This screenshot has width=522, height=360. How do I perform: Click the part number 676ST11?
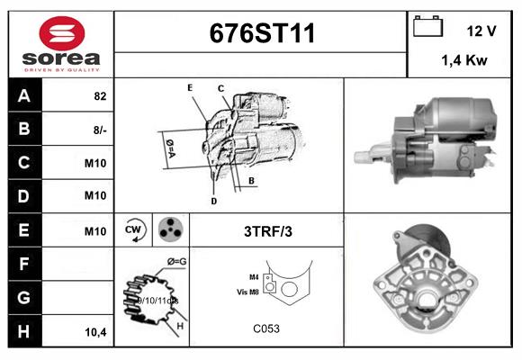[262, 34]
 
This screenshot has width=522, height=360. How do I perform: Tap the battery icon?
[427, 28]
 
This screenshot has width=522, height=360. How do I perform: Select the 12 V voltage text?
[481, 31]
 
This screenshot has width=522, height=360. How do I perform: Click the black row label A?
[23, 96]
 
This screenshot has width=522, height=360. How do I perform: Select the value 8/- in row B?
[99, 130]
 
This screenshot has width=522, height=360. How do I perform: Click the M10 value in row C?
[95, 163]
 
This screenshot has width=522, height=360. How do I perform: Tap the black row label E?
[23, 230]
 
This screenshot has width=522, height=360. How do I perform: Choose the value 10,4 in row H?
[95, 331]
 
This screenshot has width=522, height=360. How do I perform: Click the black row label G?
[23, 297]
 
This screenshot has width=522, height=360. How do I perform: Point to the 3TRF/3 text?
[267, 231]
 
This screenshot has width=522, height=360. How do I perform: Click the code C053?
[266, 329]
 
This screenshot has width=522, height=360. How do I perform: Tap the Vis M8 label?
[247, 292]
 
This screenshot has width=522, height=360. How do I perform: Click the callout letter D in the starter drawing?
[213, 201]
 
